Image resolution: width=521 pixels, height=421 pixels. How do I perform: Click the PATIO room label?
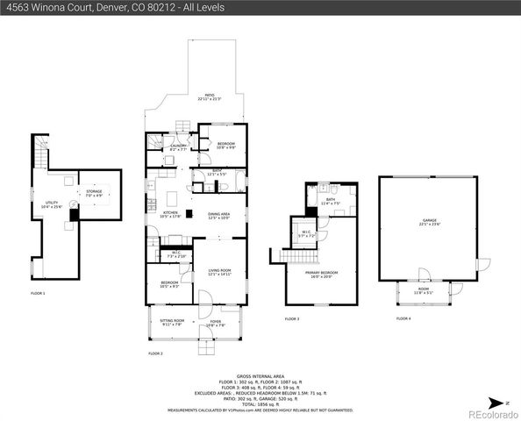pyautogui.click(x=210, y=96)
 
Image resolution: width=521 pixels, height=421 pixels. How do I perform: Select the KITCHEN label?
pyautogui.click(x=171, y=214)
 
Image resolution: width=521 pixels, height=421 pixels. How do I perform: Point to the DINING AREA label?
pyautogui.click(x=218, y=214)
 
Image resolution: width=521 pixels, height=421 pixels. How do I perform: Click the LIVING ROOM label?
pyautogui.click(x=218, y=271)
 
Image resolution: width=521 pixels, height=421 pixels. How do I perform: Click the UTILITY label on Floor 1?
pyautogui.click(x=52, y=203)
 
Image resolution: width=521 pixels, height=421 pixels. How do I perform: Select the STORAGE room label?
pyautogui.click(x=94, y=192)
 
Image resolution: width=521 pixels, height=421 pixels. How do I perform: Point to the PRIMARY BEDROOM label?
pyautogui.click(x=321, y=274)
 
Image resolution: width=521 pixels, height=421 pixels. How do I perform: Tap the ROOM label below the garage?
pyautogui.click(x=423, y=291)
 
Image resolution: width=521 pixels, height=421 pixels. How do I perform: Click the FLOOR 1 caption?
pyautogui.click(x=38, y=292)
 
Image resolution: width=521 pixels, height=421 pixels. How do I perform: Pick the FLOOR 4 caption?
pyautogui.click(x=403, y=318)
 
